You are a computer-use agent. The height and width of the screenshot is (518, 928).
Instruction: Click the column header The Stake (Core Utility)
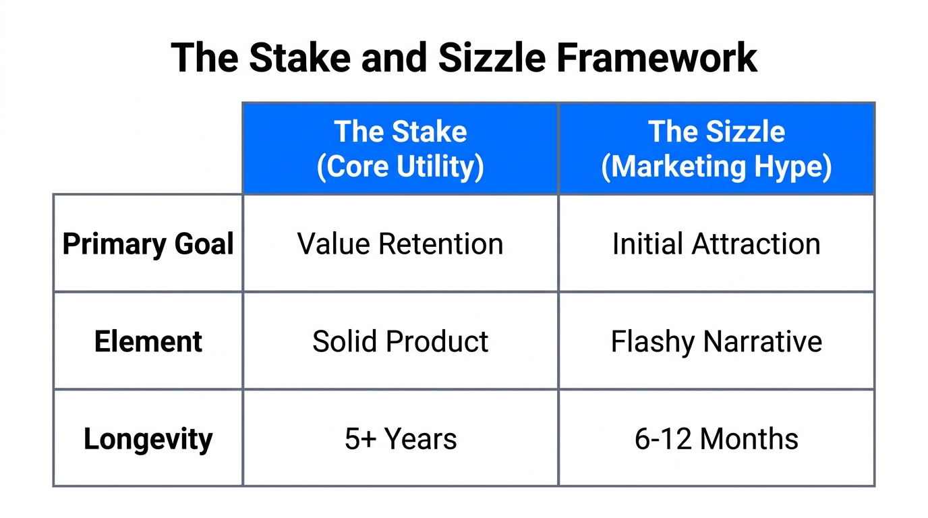(401, 149)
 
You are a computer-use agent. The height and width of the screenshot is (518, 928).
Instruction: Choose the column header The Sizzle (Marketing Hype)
(716, 149)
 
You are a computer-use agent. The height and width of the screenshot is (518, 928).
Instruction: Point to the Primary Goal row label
(148, 243)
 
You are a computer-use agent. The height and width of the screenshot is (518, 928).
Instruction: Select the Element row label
(148, 341)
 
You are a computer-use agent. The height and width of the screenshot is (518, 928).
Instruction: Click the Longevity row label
(148, 439)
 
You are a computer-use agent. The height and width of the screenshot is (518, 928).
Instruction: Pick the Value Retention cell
(401, 243)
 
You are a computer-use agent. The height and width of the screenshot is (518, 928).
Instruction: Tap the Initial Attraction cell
(716, 243)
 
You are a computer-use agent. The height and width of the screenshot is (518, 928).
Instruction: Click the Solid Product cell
(401, 341)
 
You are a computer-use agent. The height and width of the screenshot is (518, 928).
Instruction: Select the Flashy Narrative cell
(716, 341)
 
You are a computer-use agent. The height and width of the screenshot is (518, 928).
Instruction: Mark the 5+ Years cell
(401, 439)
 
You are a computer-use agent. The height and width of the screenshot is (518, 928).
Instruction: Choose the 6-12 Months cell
(716, 439)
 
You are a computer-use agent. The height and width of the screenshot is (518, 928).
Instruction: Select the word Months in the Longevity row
(749, 439)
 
